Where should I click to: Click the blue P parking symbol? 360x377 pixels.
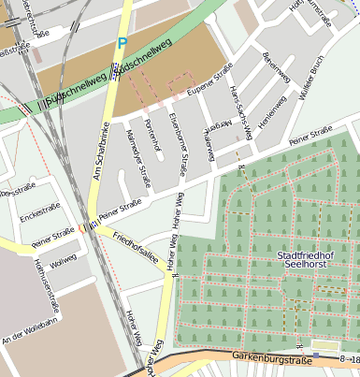click(122, 43)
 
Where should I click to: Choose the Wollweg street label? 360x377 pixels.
click(63, 262)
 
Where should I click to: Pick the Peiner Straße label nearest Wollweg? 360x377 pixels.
click(51, 239)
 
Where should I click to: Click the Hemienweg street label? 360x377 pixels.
click(272, 114)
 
